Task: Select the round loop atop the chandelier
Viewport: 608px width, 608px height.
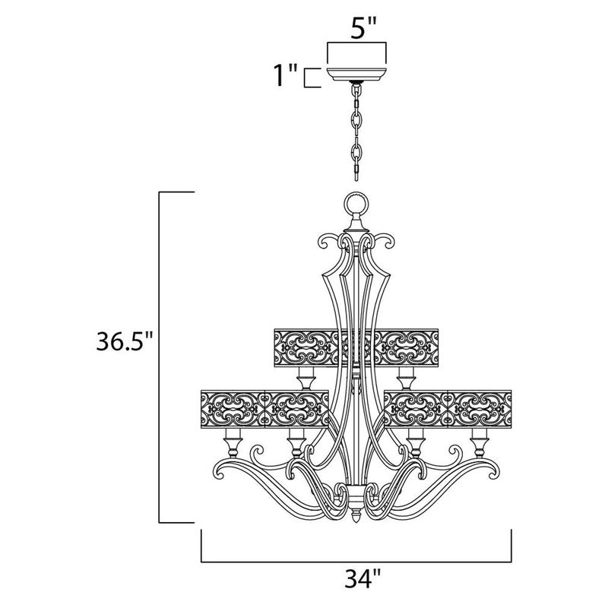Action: pyautogui.click(x=355, y=204)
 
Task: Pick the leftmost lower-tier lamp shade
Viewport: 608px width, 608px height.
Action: pyautogui.click(x=231, y=408)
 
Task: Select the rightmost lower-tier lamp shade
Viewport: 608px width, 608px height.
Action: pyautogui.click(x=479, y=408)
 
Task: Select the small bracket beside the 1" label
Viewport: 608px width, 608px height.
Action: pyautogui.click(x=309, y=78)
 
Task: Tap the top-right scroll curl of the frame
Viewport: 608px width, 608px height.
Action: pyautogui.click(x=385, y=243)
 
